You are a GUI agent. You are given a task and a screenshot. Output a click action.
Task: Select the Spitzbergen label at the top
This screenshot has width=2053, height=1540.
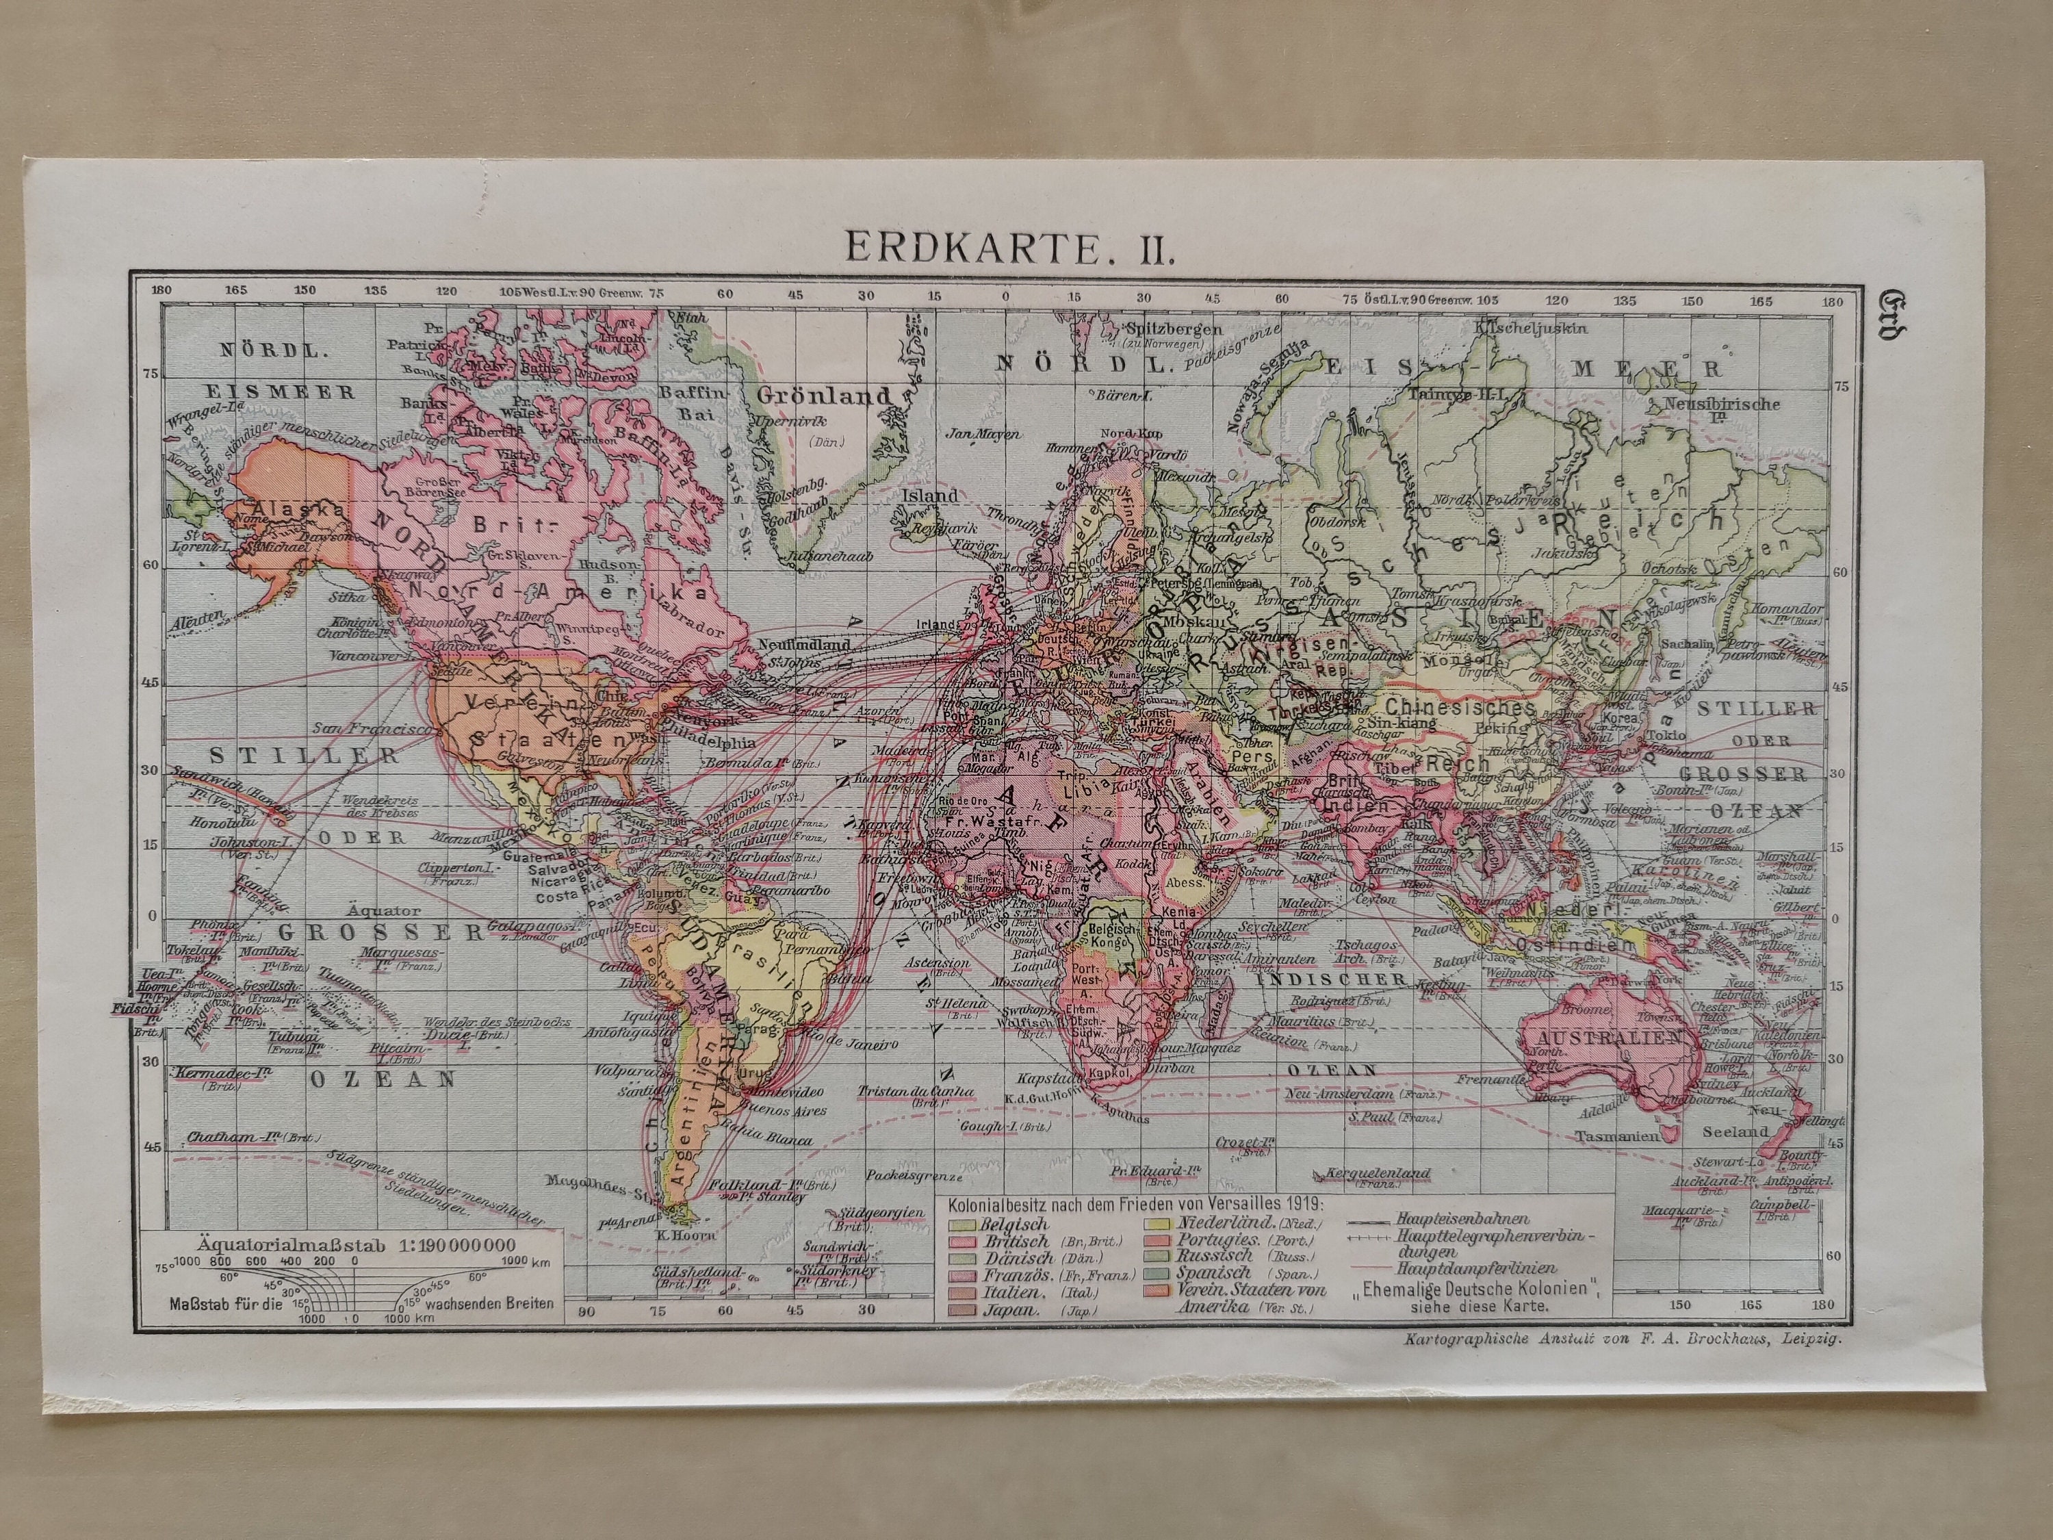click(x=1173, y=329)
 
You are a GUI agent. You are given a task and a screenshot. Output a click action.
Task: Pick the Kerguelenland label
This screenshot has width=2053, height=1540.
click(x=1378, y=1173)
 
